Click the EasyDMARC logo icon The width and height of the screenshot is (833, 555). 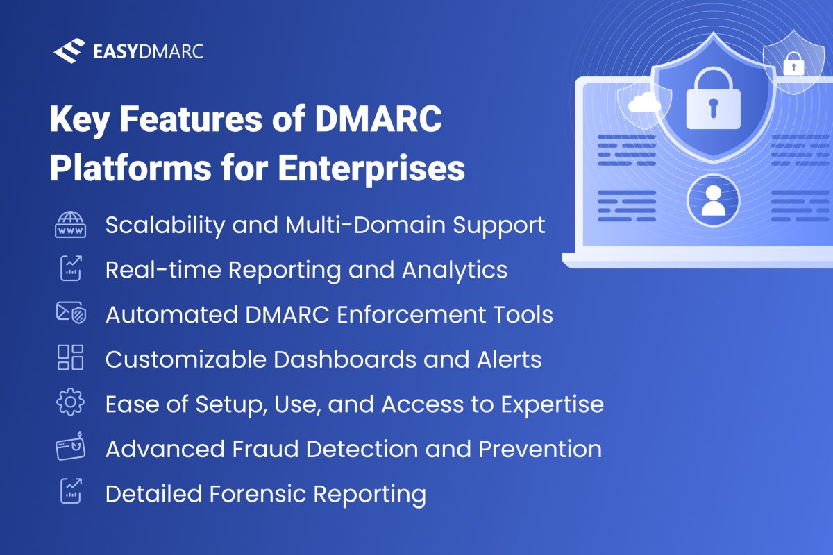(x=68, y=51)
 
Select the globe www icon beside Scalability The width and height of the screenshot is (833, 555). (x=70, y=225)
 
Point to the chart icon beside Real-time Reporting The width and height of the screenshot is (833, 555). (x=70, y=270)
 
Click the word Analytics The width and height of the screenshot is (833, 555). (x=455, y=270)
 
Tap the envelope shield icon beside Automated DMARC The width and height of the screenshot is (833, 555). (x=70, y=314)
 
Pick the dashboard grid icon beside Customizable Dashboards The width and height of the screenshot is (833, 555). (x=70, y=358)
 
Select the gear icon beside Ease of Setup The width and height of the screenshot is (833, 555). (x=70, y=403)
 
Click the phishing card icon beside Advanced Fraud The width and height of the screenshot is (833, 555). (x=70, y=448)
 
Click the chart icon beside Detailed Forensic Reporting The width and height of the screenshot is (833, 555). (x=70, y=493)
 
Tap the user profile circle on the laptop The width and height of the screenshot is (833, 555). (x=712, y=200)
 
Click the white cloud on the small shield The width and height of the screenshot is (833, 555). (x=644, y=104)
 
